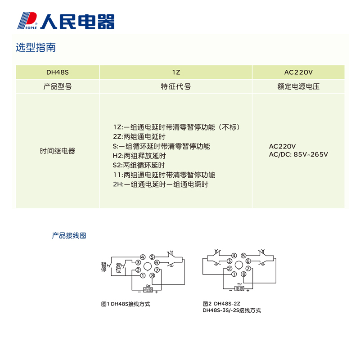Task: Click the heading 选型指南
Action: coord(36,47)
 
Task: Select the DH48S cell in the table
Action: coord(57,72)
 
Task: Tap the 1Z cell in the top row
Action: coord(175,72)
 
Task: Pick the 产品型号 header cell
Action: coord(57,86)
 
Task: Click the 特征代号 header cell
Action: coord(175,86)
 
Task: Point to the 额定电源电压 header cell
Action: coord(298,86)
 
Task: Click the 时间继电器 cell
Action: coord(57,151)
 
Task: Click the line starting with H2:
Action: coord(139,156)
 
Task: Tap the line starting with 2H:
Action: coord(161,184)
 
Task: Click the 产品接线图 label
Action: coord(69,235)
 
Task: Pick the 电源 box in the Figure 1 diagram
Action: coord(148,289)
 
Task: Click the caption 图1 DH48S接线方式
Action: coord(126,304)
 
